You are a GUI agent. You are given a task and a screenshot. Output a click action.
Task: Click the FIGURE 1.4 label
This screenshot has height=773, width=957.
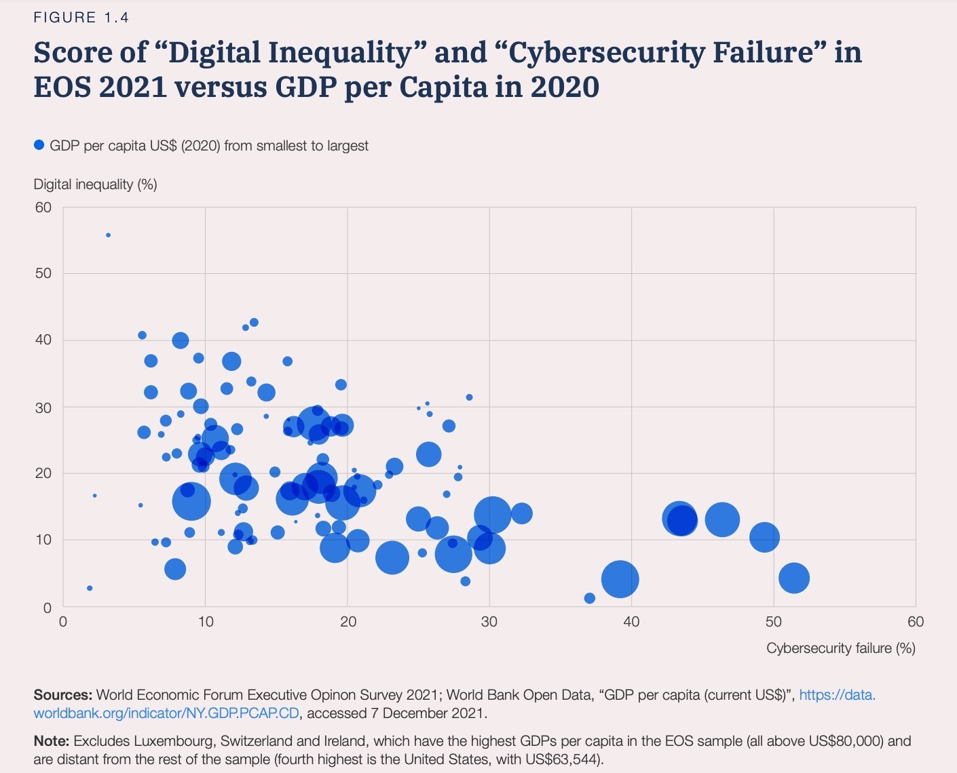(x=81, y=18)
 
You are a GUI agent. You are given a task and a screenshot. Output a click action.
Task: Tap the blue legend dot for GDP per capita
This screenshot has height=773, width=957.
(x=39, y=145)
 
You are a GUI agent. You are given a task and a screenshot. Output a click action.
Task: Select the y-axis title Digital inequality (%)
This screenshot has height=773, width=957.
(x=95, y=184)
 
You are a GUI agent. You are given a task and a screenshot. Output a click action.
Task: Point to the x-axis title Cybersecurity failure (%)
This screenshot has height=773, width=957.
(x=840, y=648)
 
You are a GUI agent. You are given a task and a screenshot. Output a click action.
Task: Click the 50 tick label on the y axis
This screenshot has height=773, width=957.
(x=43, y=273)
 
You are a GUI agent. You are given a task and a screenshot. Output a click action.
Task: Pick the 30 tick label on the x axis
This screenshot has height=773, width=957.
(x=489, y=622)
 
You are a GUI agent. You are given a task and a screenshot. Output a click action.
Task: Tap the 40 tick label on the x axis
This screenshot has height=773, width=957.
(x=631, y=622)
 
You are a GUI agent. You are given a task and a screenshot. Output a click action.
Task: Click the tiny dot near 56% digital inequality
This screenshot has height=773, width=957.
(x=108, y=235)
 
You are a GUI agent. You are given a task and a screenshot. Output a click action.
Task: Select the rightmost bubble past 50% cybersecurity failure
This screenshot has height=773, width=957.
(x=794, y=578)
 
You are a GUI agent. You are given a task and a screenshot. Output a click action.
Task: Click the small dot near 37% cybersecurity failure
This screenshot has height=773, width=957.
(x=590, y=598)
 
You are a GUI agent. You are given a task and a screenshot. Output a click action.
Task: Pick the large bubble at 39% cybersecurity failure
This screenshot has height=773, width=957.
(x=620, y=579)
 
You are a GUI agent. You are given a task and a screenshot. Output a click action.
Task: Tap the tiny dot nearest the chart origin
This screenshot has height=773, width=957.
(x=90, y=588)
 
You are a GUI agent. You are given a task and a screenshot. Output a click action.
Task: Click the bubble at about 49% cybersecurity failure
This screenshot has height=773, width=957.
(x=764, y=537)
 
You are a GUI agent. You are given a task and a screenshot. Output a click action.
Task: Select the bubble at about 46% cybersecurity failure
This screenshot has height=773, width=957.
(x=722, y=519)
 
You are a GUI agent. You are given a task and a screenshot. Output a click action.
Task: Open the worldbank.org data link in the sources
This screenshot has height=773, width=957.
(x=166, y=713)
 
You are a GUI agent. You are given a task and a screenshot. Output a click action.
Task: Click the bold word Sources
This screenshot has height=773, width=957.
(x=62, y=695)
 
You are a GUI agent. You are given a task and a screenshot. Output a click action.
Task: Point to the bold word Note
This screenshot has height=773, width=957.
(x=52, y=741)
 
